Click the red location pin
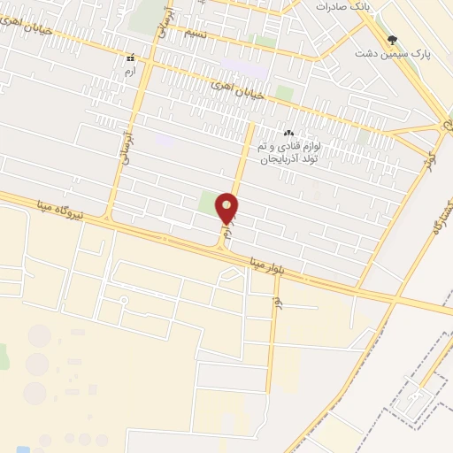[228, 208]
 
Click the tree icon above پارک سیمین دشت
[393, 39]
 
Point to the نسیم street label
[196, 33]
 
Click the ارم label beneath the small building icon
[130, 70]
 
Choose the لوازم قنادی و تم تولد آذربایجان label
[287, 152]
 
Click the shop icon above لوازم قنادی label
[288, 133]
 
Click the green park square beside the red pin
[209, 203]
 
